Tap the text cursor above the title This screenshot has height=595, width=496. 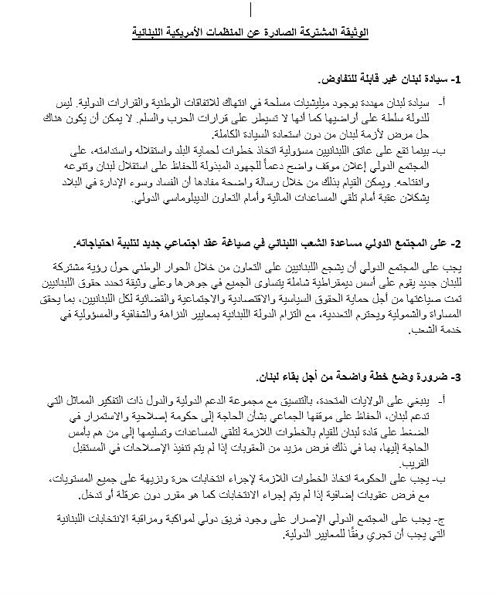(x=250, y=8)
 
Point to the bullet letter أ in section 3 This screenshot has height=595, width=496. (x=448, y=403)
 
